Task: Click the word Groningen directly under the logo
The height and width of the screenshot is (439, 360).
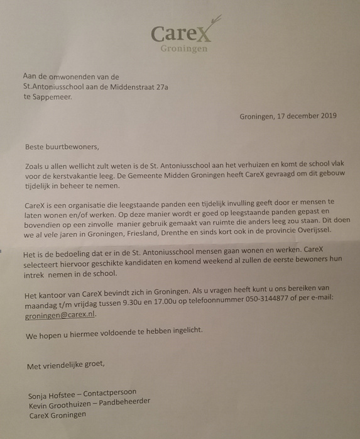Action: [184, 48]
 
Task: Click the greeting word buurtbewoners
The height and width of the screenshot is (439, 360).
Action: [74, 147]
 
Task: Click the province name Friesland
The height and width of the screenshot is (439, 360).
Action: [160, 231]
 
